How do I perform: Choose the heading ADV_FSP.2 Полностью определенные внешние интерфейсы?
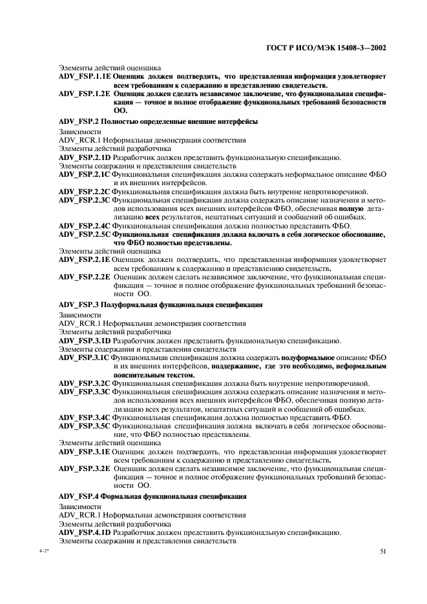158,121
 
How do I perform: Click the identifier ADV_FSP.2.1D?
85,157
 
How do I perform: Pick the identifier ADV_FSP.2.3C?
85,201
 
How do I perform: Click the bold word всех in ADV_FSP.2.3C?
151,217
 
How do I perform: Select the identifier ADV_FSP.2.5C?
85,235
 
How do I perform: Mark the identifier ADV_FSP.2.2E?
85,277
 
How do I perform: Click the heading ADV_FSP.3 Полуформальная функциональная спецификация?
160,305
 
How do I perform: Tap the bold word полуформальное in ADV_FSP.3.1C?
307,357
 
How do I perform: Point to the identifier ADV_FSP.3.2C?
85,383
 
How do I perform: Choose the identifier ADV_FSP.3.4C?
85,418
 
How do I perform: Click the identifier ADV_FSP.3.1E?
85,452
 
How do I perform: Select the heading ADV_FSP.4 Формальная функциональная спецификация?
152,496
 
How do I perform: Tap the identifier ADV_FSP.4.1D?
85,532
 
